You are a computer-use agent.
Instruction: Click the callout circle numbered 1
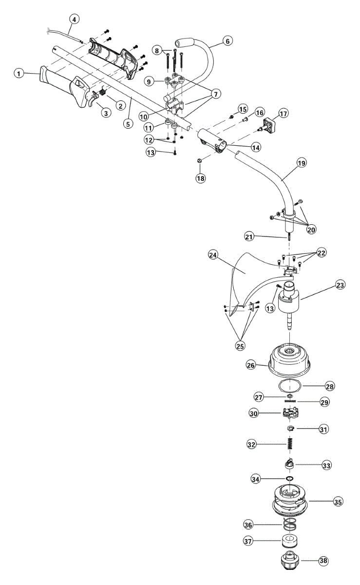click(19, 74)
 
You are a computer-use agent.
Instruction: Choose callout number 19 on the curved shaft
click(302, 164)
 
